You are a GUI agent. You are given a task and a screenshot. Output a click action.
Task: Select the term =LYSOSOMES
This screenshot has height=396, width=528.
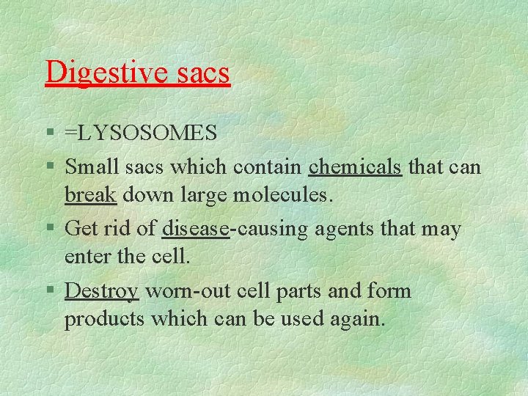[141, 133]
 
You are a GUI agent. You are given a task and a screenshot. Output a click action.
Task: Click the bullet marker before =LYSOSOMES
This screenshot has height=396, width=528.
[48, 133]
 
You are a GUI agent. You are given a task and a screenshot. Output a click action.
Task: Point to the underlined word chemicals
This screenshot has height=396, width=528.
[356, 167]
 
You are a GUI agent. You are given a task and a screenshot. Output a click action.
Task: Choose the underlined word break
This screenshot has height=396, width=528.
[90, 196]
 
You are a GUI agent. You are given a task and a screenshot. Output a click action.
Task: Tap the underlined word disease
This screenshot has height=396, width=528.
[196, 229]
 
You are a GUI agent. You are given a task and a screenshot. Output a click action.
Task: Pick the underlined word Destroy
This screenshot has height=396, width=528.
[102, 291]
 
